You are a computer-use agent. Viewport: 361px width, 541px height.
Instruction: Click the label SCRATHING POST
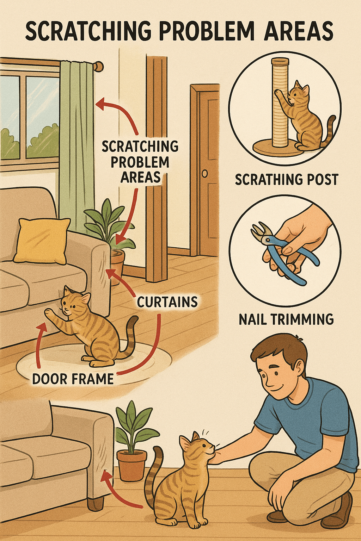click(x=287, y=179)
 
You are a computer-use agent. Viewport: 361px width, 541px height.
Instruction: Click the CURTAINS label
click(x=167, y=301)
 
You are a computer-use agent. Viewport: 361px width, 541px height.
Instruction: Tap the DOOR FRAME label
click(x=73, y=379)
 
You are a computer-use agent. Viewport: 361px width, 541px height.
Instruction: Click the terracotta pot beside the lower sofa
click(x=131, y=465)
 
